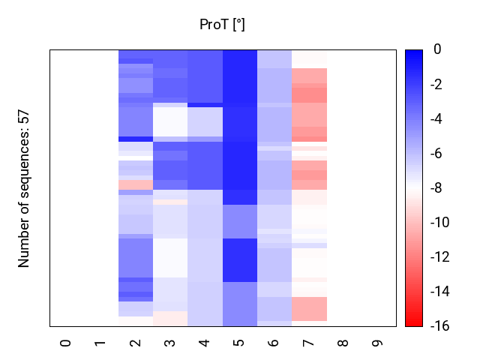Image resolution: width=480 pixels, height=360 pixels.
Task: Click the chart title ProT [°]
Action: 222,25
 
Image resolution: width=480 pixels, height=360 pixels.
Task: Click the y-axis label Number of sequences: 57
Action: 24,188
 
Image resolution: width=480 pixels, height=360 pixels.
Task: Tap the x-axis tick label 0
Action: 66,343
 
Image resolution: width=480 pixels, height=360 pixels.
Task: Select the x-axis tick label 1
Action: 100,343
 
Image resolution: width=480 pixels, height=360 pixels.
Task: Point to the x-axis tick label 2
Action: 135,343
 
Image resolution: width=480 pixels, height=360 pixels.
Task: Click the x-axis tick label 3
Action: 170,343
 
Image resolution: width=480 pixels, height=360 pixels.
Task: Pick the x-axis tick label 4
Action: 205,343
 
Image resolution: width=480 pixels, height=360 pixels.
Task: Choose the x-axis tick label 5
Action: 239,343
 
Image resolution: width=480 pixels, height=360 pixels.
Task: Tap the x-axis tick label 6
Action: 274,343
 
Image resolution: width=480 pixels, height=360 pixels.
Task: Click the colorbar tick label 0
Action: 437,50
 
